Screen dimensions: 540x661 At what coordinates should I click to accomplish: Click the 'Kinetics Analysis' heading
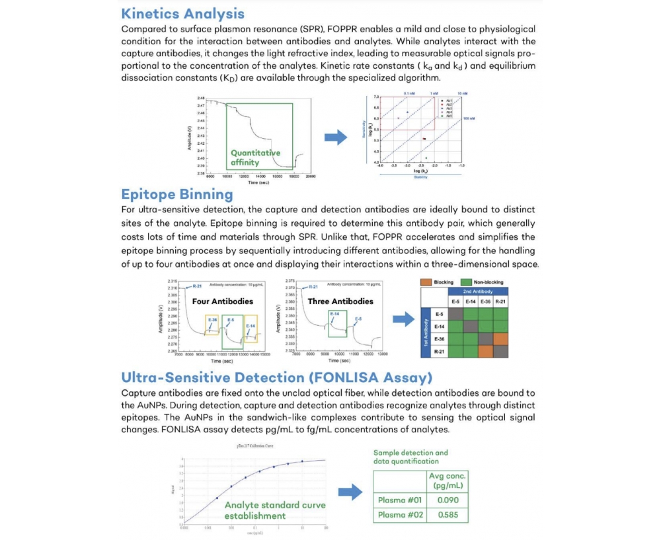[183, 13]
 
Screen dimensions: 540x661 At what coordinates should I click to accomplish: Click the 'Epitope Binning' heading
[177, 194]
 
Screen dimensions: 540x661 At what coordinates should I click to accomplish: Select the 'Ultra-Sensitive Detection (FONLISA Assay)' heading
[276, 377]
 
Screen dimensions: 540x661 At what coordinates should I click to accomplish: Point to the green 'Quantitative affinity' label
[255, 157]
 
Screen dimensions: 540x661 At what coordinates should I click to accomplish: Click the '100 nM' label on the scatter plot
[469, 118]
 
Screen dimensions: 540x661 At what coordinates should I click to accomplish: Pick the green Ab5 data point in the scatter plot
[426, 158]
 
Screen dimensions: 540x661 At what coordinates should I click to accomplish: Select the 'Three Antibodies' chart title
[340, 301]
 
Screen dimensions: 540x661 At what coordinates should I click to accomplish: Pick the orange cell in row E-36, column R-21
[500, 338]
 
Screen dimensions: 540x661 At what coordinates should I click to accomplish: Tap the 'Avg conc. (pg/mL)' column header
[448, 481]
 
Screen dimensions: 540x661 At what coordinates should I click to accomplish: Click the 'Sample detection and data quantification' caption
[410, 457]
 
